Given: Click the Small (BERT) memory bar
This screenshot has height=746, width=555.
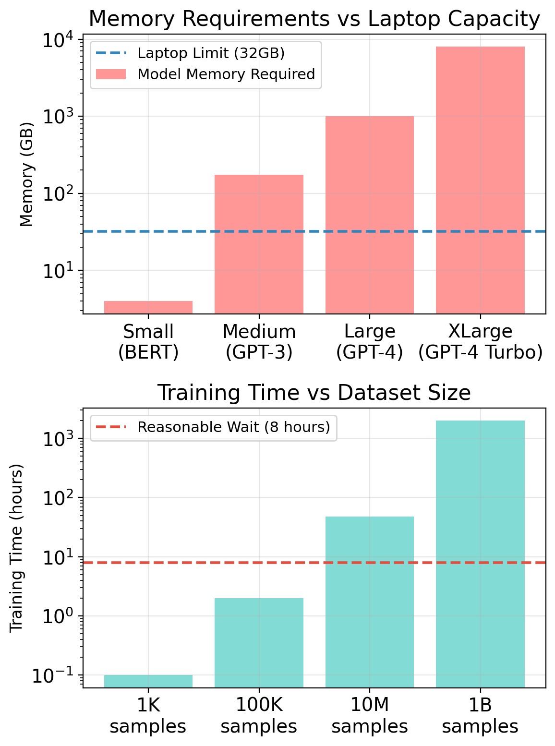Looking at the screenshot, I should (148, 307).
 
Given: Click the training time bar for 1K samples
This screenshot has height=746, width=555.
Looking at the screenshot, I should (148, 681).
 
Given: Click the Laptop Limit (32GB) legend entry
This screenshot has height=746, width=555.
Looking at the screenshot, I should (211, 53).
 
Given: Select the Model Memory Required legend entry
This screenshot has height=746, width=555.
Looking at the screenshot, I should (226, 74).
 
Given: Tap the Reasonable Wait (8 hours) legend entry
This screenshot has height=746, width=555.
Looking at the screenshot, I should (233, 427).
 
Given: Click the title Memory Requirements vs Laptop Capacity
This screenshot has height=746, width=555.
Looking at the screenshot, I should (314, 19).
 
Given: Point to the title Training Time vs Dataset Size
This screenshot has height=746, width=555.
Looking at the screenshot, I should (314, 393).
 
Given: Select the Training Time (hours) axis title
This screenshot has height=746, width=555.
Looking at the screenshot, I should (16, 548).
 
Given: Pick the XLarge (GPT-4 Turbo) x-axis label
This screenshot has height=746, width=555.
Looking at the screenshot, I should (480, 342).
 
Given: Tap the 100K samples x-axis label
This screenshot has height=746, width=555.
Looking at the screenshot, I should (259, 715).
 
